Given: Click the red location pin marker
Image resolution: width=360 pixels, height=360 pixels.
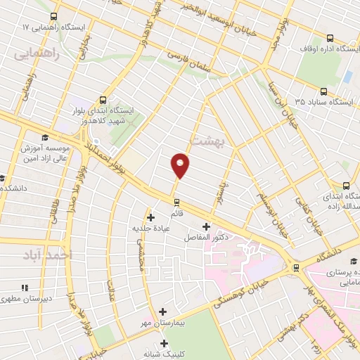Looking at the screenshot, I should (x=181, y=165).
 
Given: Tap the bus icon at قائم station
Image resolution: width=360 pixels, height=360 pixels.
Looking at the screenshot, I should (x=176, y=202).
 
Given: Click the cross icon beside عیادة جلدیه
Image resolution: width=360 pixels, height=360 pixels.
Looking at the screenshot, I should (x=150, y=217).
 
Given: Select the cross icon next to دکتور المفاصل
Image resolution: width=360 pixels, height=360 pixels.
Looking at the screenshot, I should (x=206, y=226).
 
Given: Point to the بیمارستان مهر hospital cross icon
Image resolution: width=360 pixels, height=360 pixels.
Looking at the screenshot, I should (x=163, y=311).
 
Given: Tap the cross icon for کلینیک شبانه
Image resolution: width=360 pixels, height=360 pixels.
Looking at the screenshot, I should (x=165, y=344).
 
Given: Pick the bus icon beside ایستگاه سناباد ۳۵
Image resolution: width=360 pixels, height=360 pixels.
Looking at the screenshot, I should (x=323, y=91).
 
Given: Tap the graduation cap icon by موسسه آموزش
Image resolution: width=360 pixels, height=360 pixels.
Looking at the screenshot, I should (x=45, y=137).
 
